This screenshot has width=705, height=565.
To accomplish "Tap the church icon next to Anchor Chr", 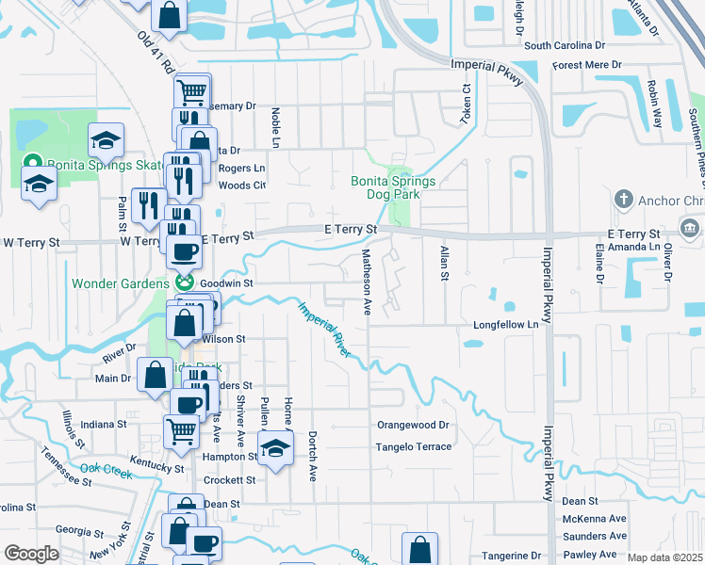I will pos(622,199).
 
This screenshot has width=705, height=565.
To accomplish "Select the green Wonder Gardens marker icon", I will pos(185,282).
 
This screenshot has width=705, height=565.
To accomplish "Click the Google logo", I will pos(31,554).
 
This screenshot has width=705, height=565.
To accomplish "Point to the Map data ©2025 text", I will pos(665,557).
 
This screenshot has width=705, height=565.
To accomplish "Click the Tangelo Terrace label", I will pos(414,446).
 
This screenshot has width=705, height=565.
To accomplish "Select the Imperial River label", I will pos(325,329).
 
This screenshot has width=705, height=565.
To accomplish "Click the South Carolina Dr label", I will pos(565,45).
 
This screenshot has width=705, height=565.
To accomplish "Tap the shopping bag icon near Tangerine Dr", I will pos(419,549).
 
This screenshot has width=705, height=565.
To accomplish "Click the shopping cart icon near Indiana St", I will pos(181,430).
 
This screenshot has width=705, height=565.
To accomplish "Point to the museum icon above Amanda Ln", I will pos(689,230).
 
